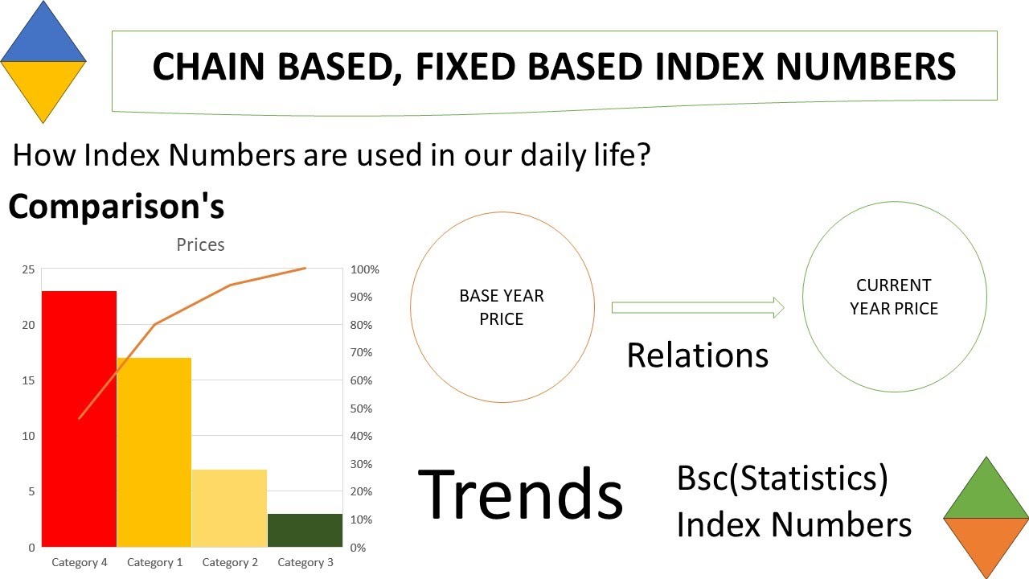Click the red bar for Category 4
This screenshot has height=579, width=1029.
coord(79,418)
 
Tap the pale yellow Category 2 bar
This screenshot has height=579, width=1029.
coord(229,507)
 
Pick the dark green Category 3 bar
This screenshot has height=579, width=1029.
coord(305,530)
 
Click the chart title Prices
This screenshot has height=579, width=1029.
coord(200,244)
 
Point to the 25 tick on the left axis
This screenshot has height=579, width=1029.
coord(28,269)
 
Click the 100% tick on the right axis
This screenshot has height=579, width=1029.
coord(365,269)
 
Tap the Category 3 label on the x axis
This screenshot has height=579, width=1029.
coord(305,562)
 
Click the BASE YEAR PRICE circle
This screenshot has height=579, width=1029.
coord(502,307)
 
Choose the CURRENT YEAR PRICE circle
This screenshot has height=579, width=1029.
coord(894,297)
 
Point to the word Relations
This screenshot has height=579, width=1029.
coord(697,355)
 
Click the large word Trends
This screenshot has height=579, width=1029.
coord(521,493)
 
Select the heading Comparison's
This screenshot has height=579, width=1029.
coord(116,207)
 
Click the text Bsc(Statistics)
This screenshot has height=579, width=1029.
coord(782,478)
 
